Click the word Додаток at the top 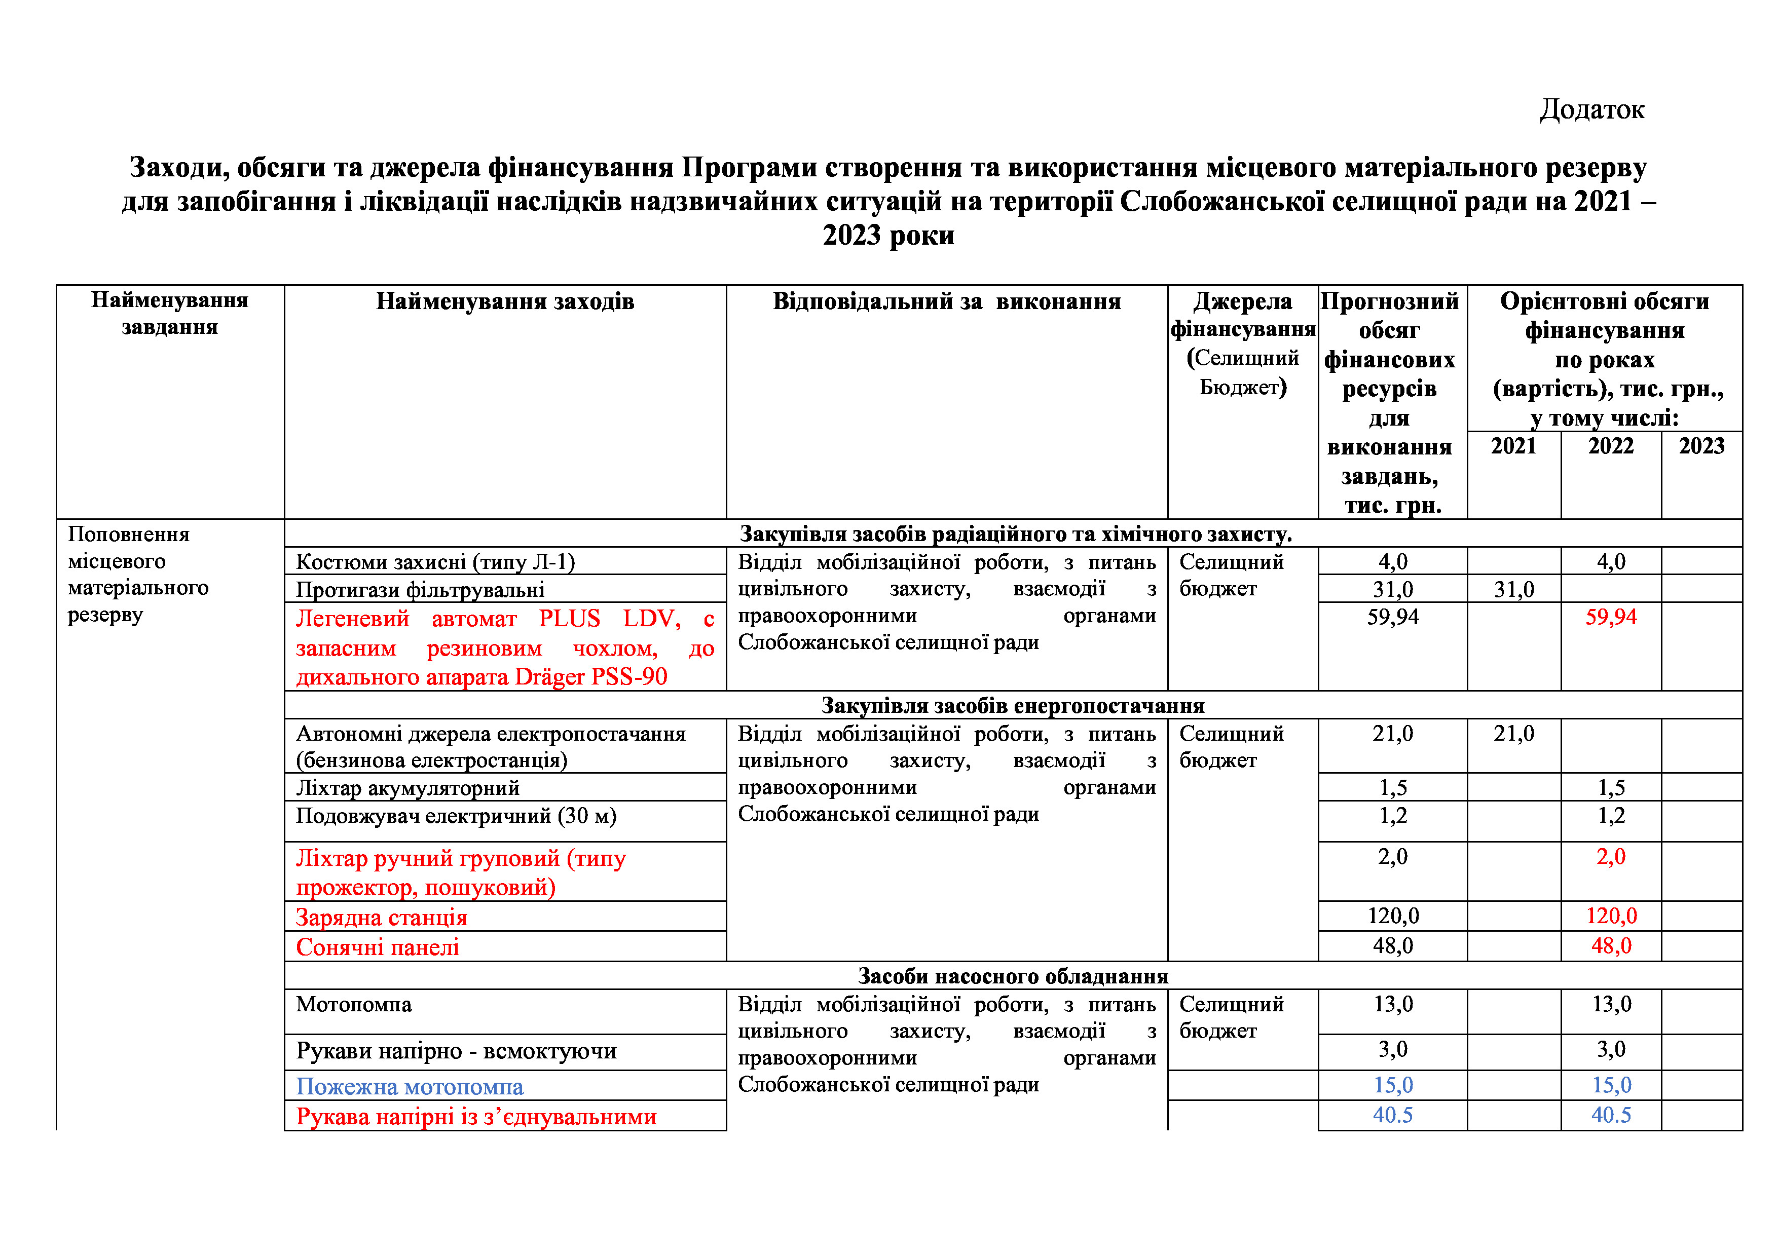pyautogui.click(x=1591, y=109)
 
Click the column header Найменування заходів pyautogui.click(x=505, y=301)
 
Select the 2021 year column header pyautogui.click(x=1513, y=446)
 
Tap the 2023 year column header pyautogui.click(x=1701, y=446)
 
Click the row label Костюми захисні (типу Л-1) pyautogui.click(x=435, y=561)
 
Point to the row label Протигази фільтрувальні pyautogui.click(x=420, y=590)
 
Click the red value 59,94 pyautogui.click(x=1611, y=617)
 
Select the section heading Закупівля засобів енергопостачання pyautogui.click(x=1012, y=705)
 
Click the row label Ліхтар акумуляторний pyautogui.click(x=408, y=788)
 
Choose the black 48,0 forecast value pyautogui.click(x=1392, y=946)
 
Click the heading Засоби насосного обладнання pyautogui.click(x=1012, y=976)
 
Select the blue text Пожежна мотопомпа pyautogui.click(x=410, y=1087)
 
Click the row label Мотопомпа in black pyautogui.click(x=353, y=1005)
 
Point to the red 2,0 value pyautogui.click(x=1611, y=857)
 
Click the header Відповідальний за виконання pyautogui.click(x=946, y=301)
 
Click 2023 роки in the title pyautogui.click(x=888, y=235)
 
